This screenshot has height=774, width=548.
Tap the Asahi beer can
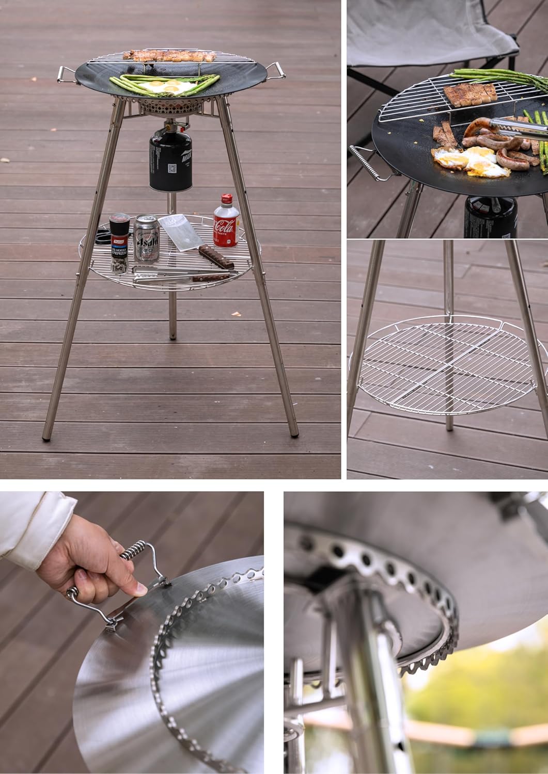point(145,238)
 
